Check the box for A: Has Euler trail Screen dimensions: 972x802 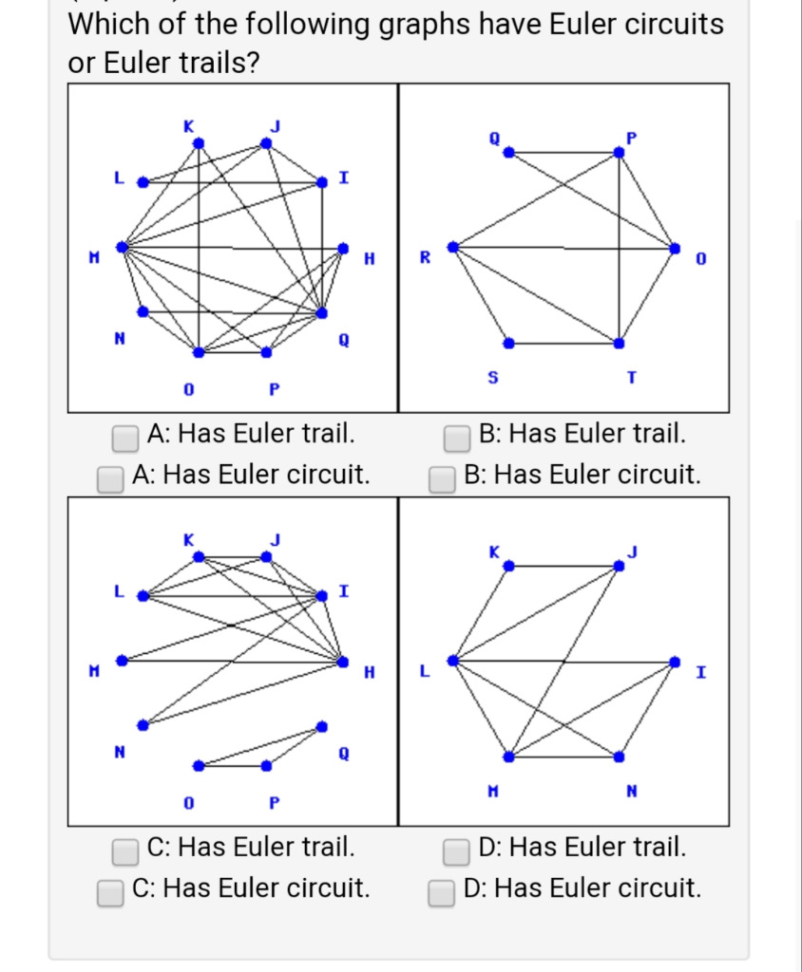click(x=125, y=438)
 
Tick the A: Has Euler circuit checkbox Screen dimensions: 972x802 click(x=110, y=477)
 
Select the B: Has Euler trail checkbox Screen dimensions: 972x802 click(x=458, y=438)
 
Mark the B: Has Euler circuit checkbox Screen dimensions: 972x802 click(x=441, y=477)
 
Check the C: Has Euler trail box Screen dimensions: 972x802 click(x=125, y=850)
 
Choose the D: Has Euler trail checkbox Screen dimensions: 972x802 click(x=458, y=850)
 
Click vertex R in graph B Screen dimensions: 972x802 click(x=453, y=247)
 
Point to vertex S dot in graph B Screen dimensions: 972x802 click(x=508, y=342)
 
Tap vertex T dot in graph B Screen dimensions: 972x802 click(x=620, y=342)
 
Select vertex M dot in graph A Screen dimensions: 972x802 click(x=122, y=247)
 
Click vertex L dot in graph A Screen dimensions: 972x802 click(x=143, y=181)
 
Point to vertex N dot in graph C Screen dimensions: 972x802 click(x=143, y=724)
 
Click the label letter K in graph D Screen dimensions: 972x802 click(x=493, y=551)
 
